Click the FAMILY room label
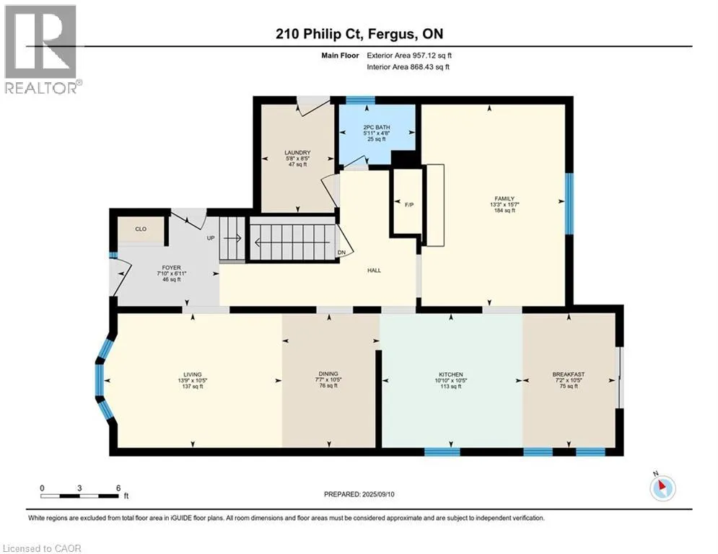click(504, 198)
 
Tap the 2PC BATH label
click(377, 127)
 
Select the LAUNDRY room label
click(297, 152)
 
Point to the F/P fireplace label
click(409, 205)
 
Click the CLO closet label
click(141, 229)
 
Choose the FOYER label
click(171, 268)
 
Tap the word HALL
click(374, 270)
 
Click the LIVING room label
click(193, 374)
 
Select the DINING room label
click(328, 374)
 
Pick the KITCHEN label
click(451, 374)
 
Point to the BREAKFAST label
click(568, 374)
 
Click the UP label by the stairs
click(211, 238)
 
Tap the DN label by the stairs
click(341, 252)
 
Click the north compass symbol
click(662, 487)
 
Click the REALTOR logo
click(43, 49)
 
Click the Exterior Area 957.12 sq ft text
click(409, 56)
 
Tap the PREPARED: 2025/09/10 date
click(359, 494)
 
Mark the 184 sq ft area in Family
click(504, 211)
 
